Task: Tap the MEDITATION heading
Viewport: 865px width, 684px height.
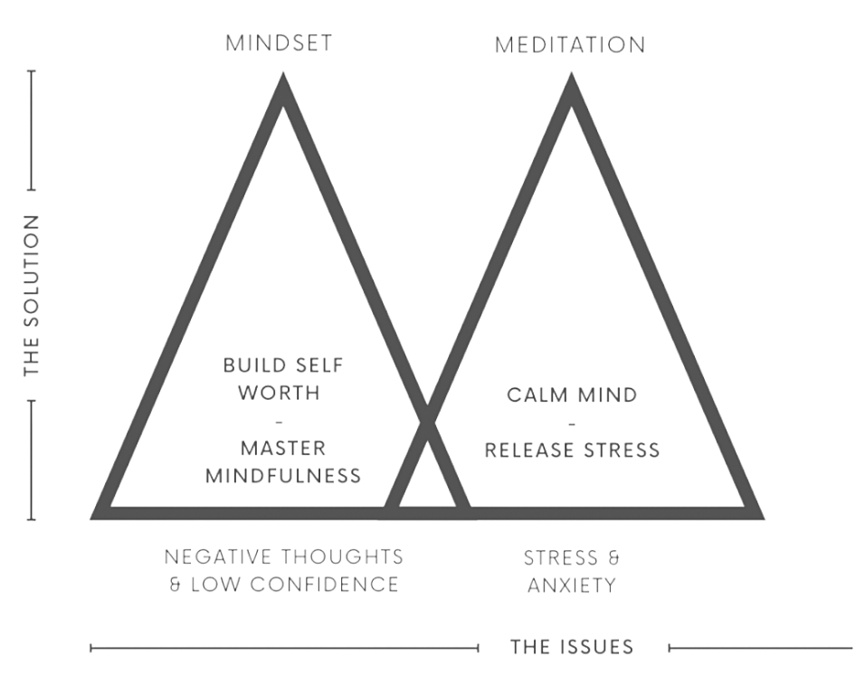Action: pos(569,44)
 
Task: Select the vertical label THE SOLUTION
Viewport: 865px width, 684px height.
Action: pos(33,295)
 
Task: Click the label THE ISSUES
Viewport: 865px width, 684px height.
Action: pos(571,647)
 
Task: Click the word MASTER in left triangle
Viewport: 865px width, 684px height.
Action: pos(283,448)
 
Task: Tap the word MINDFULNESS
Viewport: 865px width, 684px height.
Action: pos(283,475)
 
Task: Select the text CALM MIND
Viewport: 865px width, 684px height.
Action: pos(571,395)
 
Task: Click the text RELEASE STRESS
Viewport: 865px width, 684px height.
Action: pos(572,450)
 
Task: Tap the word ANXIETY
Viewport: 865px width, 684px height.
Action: pos(571,584)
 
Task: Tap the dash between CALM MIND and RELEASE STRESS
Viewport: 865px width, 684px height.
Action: pos(571,423)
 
